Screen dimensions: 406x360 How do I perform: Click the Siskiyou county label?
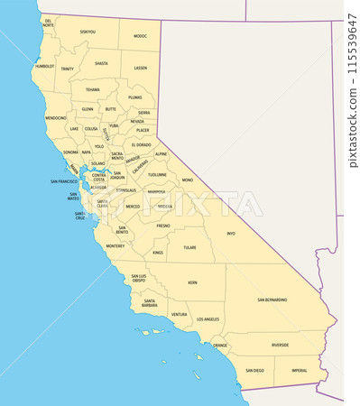pyautogui.click(x=88, y=32)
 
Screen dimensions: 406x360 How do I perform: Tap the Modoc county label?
pyautogui.click(x=140, y=36)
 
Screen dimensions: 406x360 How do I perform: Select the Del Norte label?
pyautogui.click(x=49, y=23)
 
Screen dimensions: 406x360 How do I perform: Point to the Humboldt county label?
pyautogui.click(x=44, y=66)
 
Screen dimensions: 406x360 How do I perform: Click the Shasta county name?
pyautogui.click(x=101, y=63)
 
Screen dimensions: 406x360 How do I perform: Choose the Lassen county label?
pyautogui.click(x=140, y=68)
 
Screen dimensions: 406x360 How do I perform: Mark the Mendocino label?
pyautogui.click(x=56, y=117)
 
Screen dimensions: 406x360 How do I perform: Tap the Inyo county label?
pyautogui.click(x=230, y=233)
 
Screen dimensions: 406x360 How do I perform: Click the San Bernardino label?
pyautogui.click(x=272, y=300)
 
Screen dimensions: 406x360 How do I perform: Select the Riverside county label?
pyautogui.click(x=280, y=345)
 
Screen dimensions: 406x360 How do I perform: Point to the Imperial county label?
pyautogui.click(x=298, y=370)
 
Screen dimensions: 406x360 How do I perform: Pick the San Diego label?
pyautogui.click(x=254, y=370)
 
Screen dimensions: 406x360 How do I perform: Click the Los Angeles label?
pyautogui.click(x=208, y=318)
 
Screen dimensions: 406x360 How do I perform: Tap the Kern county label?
pyautogui.click(x=192, y=282)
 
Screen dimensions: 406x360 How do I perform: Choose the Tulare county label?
pyautogui.click(x=189, y=246)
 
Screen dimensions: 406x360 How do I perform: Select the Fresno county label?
pyautogui.click(x=162, y=226)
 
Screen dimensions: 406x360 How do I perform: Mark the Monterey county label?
pyautogui.click(x=115, y=245)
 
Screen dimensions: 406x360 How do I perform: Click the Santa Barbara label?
pyautogui.click(x=150, y=303)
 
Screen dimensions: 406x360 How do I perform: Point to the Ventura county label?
pyautogui.click(x=179, y=314)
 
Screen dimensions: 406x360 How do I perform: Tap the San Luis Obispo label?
pyautogui.click(x=138, y=278)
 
